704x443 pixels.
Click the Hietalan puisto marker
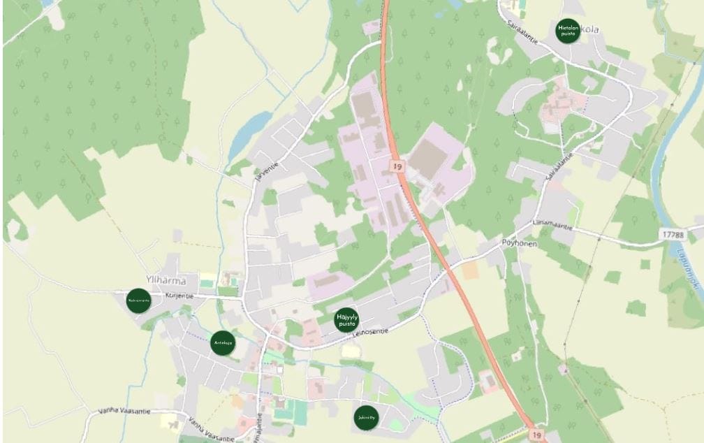click(568, 31)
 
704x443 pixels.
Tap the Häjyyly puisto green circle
click(346, 319)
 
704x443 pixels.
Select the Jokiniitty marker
click(366, 417)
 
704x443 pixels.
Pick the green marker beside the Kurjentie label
click(138, 301)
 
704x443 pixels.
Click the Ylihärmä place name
click(166, 281)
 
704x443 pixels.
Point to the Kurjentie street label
click(179, 295)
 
